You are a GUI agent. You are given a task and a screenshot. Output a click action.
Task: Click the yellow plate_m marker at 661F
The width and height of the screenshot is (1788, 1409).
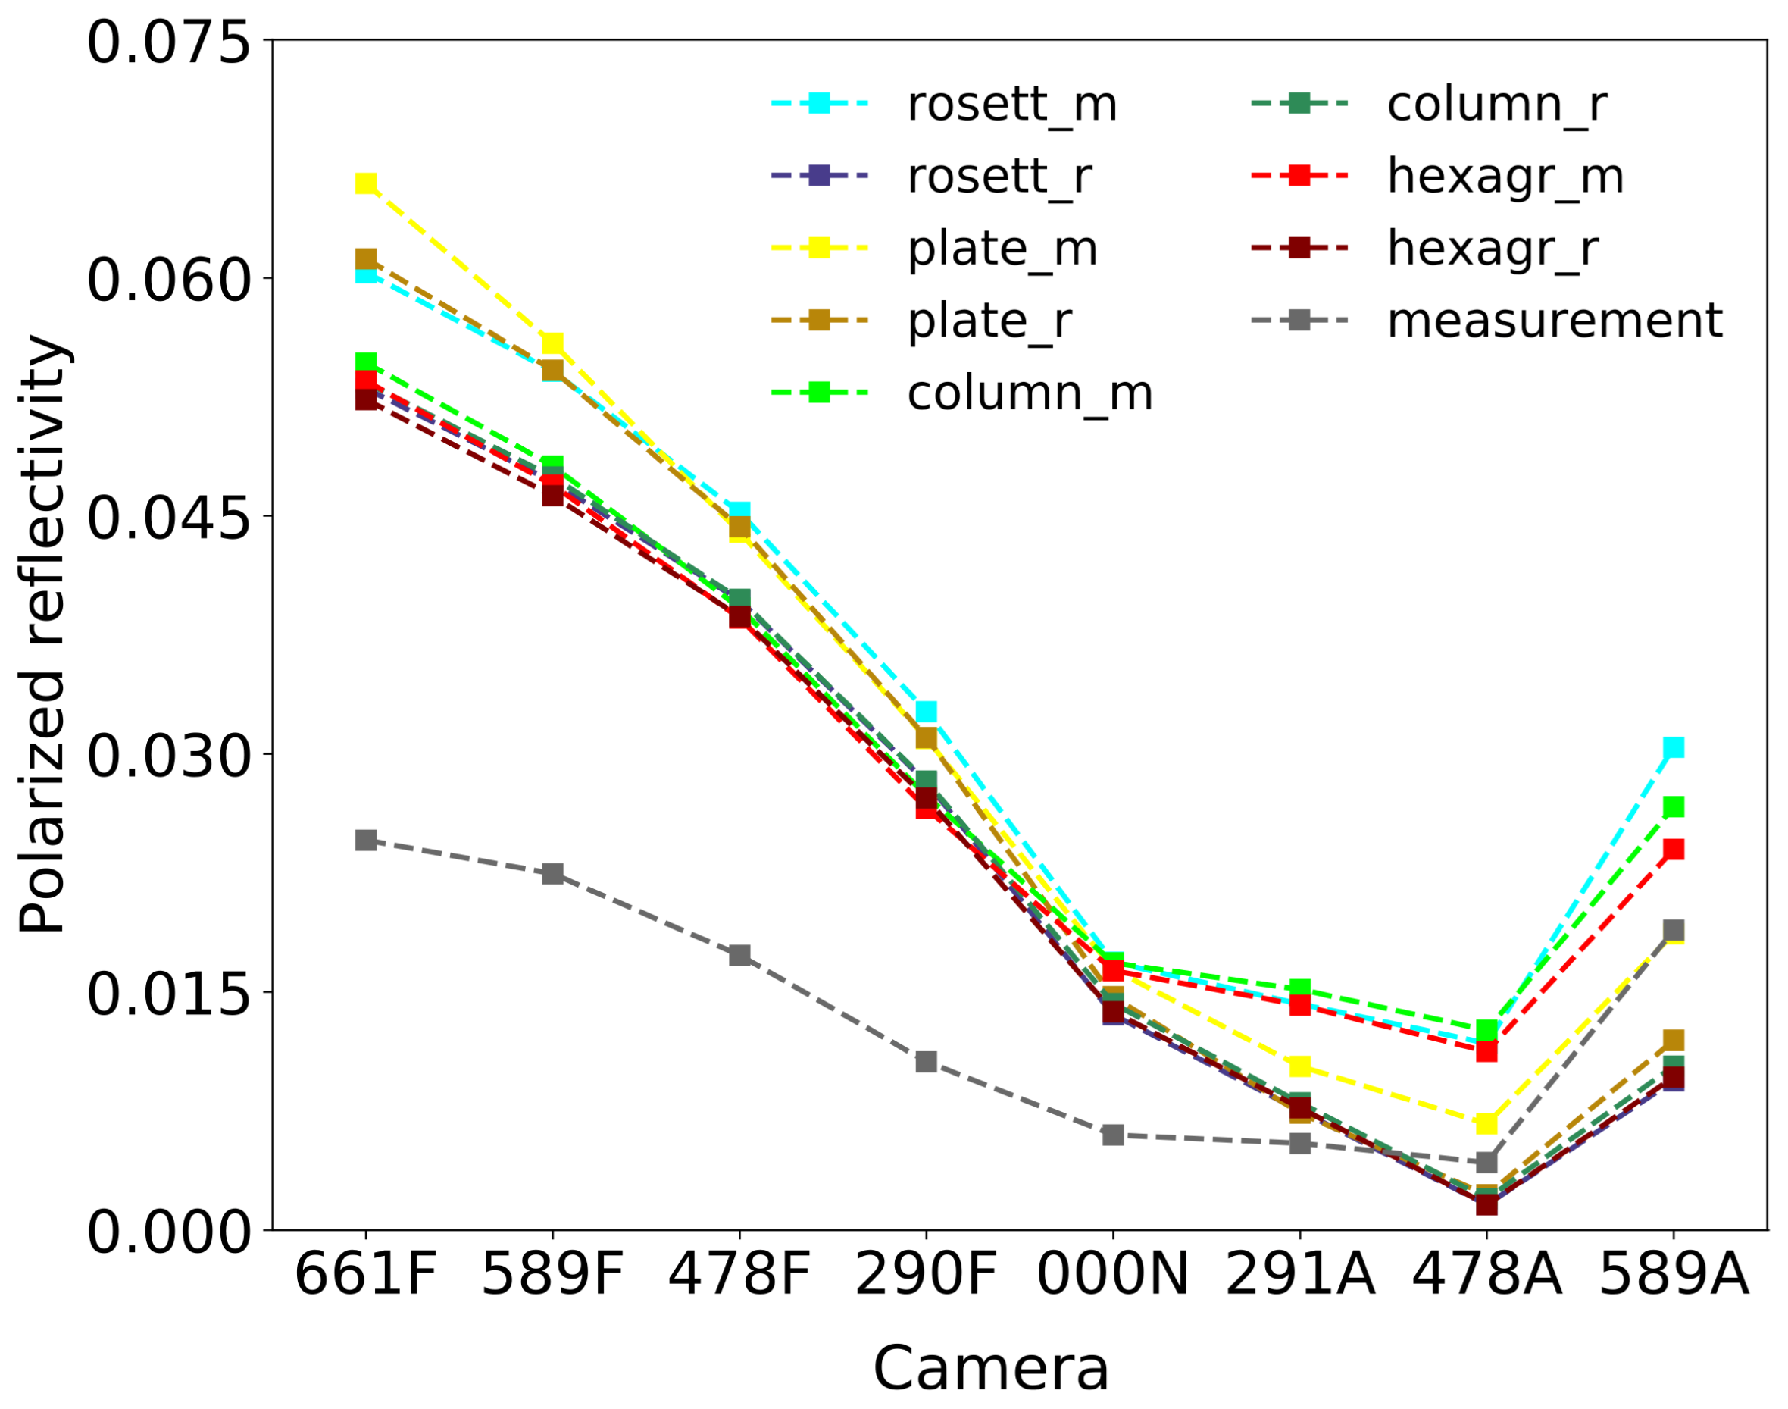click(x=366, y=183)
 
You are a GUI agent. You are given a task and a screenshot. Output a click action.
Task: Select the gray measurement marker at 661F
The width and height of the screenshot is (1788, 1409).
click(x=366, y=840)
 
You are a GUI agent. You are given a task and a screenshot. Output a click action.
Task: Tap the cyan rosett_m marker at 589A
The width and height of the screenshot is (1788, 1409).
click(x=1674, y=747)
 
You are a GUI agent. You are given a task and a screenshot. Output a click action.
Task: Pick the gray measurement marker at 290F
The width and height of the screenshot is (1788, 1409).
click(x=926, y=1062)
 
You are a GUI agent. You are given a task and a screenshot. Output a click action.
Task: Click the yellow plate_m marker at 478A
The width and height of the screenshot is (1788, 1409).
click(x=1487, y=1123)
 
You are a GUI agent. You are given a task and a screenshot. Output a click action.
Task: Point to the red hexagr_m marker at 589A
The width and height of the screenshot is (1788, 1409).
click(x=1674, y=850)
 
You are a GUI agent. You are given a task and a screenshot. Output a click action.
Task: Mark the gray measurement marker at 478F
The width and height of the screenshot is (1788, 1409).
click(x=739, y=955)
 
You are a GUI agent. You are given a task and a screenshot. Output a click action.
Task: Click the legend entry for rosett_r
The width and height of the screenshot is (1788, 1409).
click(x=999, y=176)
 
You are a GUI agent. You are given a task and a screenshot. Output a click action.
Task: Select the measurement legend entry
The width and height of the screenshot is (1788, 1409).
click(x=1555, y=320)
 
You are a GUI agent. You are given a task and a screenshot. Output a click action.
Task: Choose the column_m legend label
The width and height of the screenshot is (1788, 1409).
click(x=1030, y=393)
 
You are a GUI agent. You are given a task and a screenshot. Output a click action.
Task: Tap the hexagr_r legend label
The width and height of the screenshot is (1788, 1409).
click(x=1493, y=248)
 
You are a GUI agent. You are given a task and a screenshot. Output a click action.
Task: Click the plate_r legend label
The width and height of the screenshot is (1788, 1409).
click(x=989, y=320)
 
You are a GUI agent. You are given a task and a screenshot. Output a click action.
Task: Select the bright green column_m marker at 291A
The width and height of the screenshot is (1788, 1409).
click(x=1300, y=988)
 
